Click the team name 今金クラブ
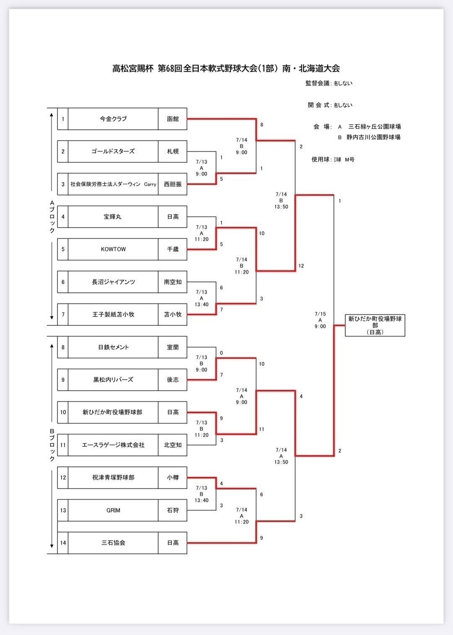tap(113, 119)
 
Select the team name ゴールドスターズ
tap(113, 151)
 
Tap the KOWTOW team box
tap(113, 249)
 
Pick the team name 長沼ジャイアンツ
tap(113, 282)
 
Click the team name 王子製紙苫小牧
tap(113, 314)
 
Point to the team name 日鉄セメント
tap(113, 347)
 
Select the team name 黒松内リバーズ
tap(113, 380)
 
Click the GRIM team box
tap(113, 510)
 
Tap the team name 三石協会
tap(113, 543)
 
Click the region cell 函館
tap(173, 119)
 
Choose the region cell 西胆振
tap(173, 184)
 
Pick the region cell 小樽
tap(173, 477)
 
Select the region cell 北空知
tap(173, 445)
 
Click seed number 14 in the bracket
tap(63, 543)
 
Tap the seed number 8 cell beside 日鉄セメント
tap(63, 347)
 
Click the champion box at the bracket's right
tap(375, 325)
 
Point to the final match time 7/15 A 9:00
tap(320, 320)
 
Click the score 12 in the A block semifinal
tap(301, 266)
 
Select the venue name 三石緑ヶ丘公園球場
tap(375, 127)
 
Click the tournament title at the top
tap(226, 68)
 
